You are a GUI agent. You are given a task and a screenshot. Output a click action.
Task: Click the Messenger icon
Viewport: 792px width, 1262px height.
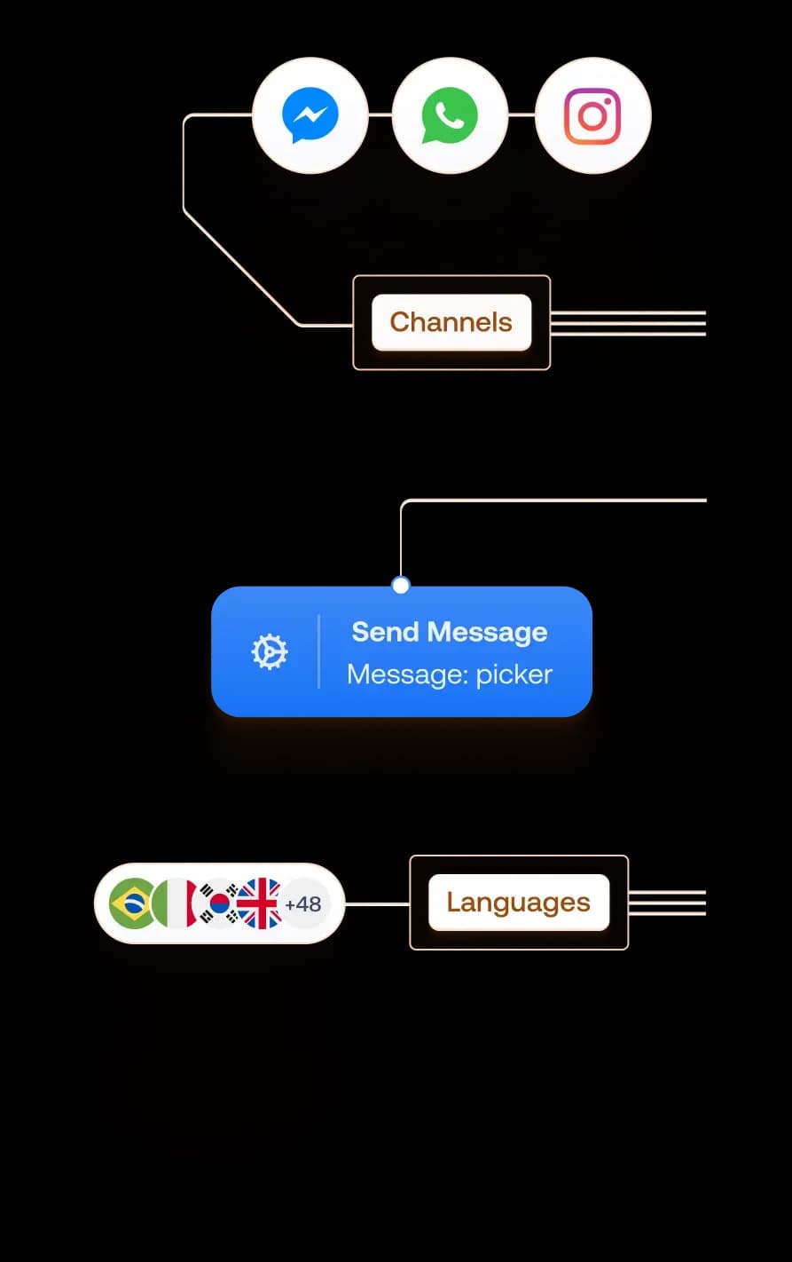pos(310,115)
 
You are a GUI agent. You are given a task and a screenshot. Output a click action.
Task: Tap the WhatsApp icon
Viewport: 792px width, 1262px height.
pos(450,115)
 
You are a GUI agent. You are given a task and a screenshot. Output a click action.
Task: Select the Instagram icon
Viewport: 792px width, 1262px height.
pos(592,115)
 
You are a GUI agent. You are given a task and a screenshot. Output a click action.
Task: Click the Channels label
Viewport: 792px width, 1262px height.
pos(451,322)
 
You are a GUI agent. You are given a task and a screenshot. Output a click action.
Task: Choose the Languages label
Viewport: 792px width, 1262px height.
pos(518,903)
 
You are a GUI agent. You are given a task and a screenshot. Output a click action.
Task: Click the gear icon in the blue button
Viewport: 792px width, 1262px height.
pos(269,652)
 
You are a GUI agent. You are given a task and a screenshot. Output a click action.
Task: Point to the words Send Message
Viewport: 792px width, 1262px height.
pos(449,632)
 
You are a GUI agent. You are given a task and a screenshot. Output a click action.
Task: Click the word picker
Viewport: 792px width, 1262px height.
pos(514,674)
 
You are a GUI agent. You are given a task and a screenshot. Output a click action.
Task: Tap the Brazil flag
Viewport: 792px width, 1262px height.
pos(131,903)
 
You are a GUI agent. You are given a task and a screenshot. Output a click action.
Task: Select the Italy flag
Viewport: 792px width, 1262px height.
pos(175,903)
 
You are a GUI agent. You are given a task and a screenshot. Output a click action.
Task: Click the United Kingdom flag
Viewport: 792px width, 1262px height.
pos(260,903)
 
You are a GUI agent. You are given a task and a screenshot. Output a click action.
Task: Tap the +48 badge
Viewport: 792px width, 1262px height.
pos(303,904)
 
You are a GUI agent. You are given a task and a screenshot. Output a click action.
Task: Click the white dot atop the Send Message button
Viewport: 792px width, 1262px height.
pos(401,585)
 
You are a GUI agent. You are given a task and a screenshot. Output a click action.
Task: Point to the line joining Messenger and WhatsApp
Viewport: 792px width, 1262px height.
pos(380,114)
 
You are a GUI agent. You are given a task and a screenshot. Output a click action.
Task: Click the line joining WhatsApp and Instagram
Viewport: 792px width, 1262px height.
pos(521,114)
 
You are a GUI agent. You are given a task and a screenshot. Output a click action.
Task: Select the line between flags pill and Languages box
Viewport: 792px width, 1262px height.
pos(377,903)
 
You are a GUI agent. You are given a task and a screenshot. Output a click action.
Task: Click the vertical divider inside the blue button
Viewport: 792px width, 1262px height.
pos(318,652)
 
